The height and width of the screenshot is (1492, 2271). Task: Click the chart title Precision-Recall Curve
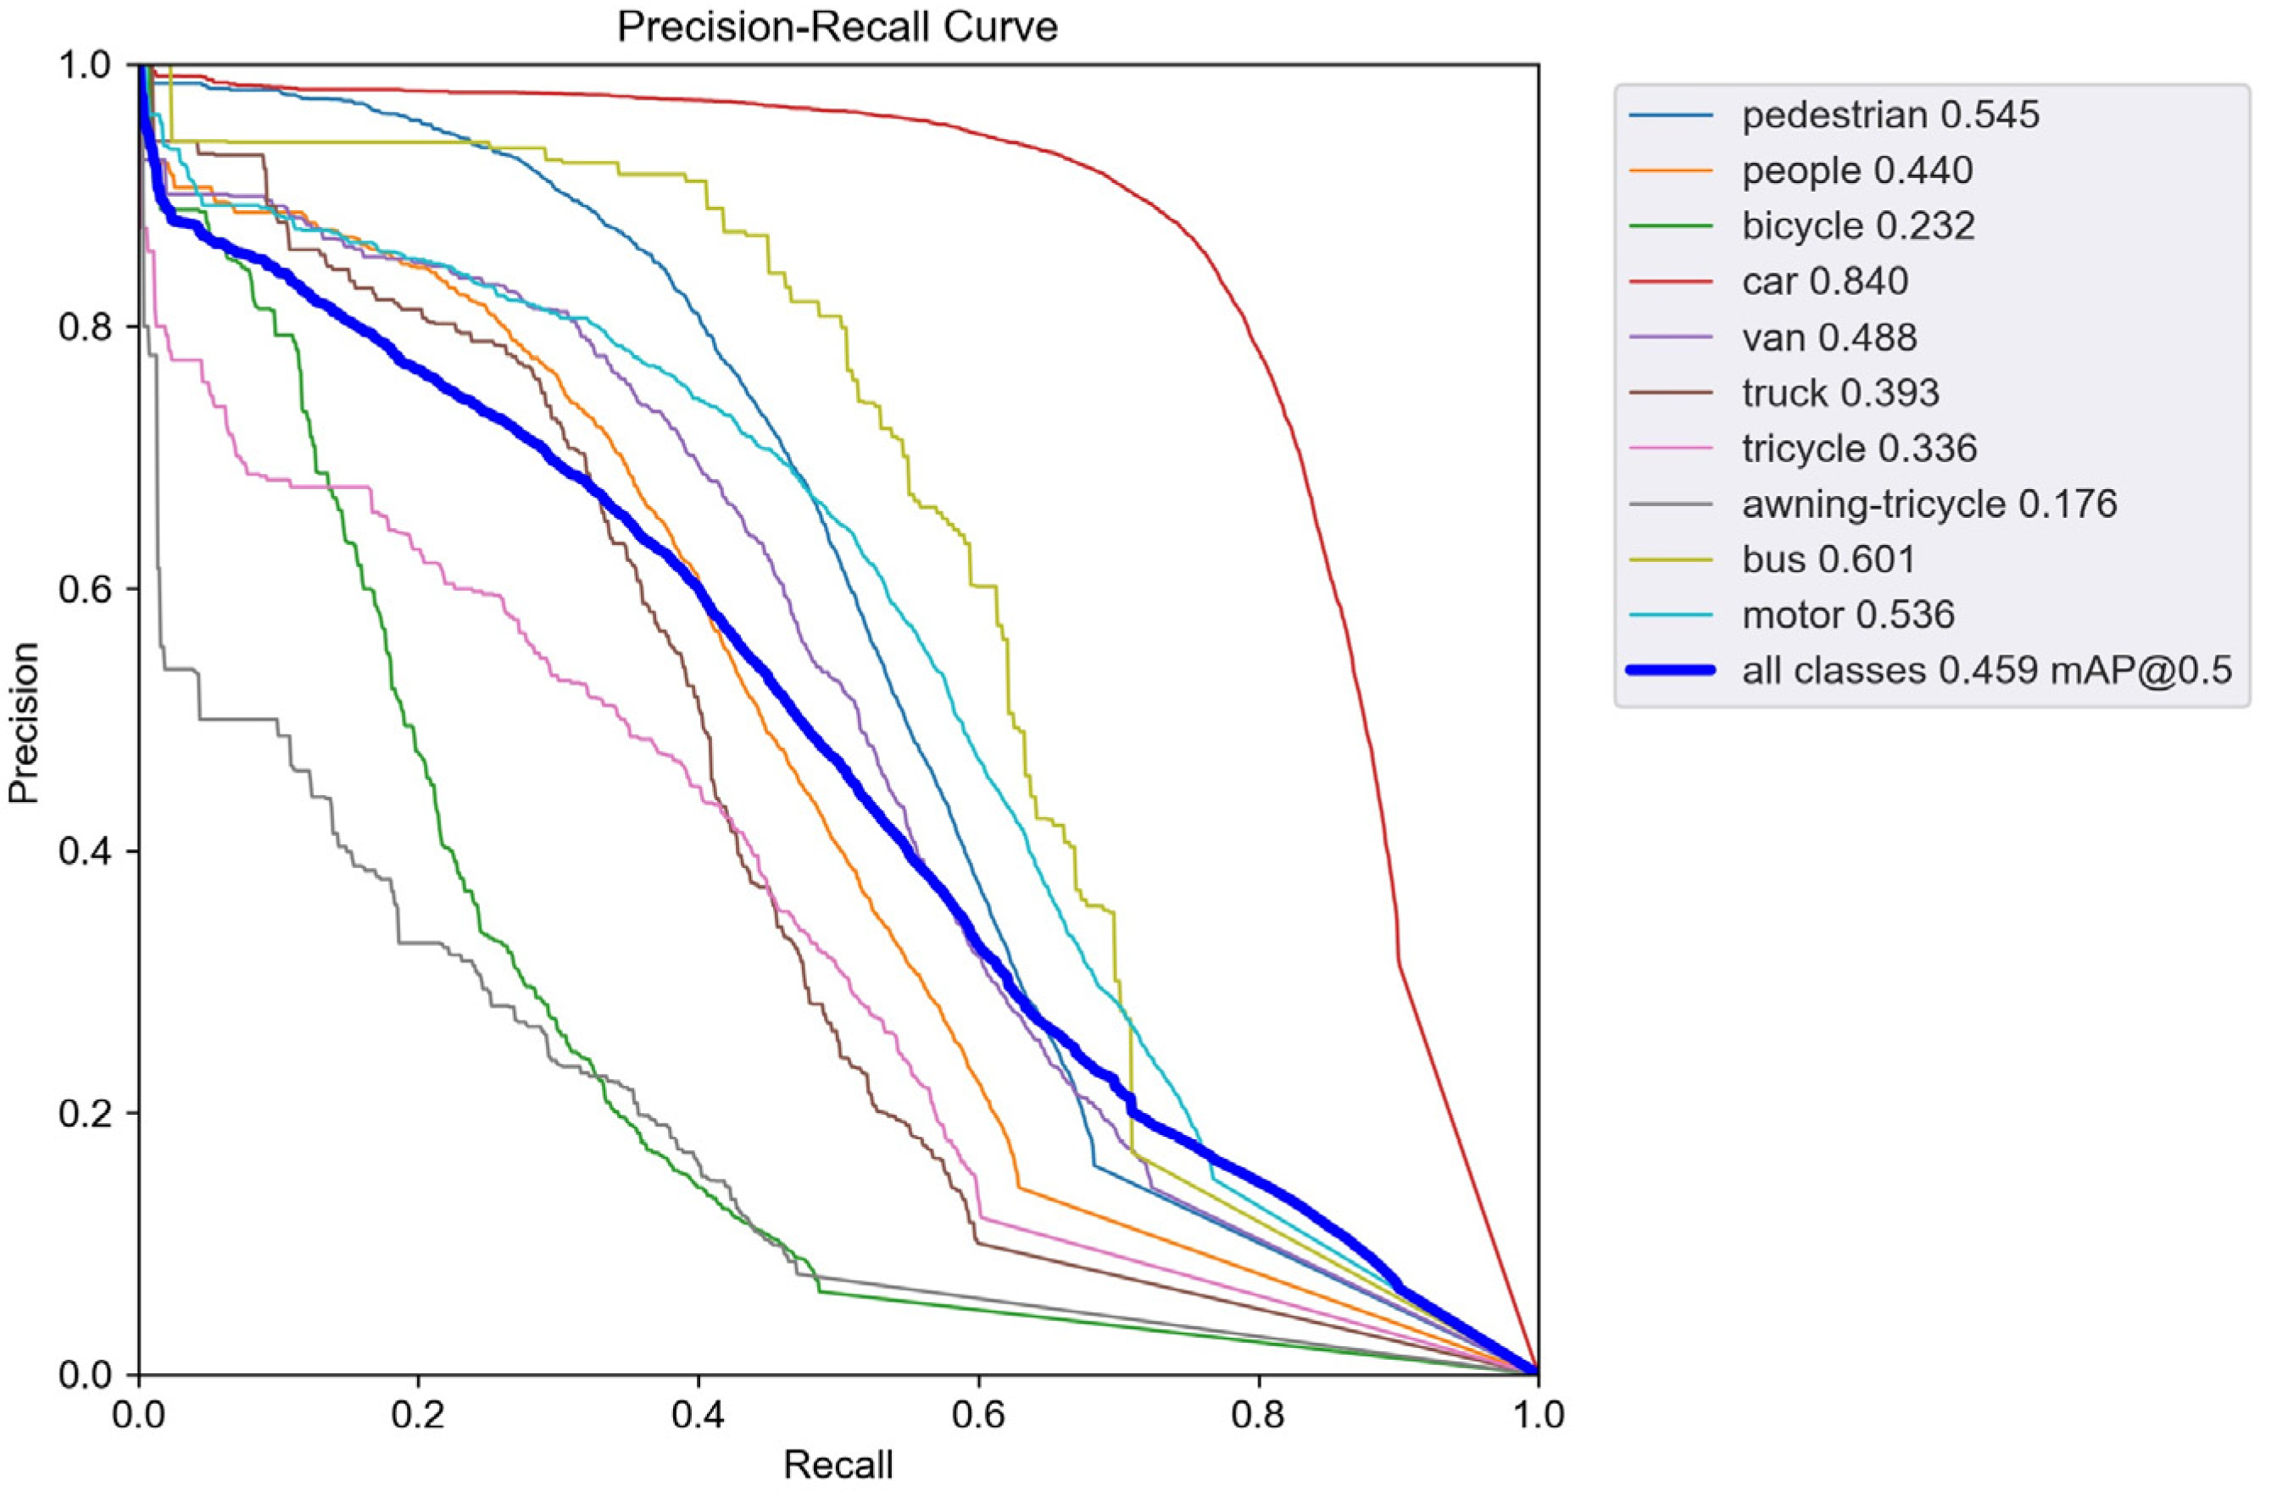[837, 27]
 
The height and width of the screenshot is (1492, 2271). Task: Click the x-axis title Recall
[838, 1464]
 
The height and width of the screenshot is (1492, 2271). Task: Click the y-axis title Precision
[24, 721]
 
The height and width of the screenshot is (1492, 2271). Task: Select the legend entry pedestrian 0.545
[1890, 115]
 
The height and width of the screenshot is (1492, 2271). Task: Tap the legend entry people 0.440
[1856, 170]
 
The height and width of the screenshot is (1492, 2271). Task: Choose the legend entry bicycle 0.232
[1858, 226]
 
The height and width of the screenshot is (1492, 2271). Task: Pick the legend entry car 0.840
[1824, 281]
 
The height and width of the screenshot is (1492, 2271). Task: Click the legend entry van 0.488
[1828, 337]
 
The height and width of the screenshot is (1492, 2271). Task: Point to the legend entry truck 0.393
[1840, 392]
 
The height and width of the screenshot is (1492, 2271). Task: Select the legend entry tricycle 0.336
[1859, 448]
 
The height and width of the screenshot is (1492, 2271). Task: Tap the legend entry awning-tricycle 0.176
[1929, 503]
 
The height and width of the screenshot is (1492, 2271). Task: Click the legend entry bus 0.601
[1828, 558]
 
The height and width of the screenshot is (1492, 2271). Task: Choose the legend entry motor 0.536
[1848, 614]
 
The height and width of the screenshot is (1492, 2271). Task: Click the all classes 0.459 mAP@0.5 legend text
[1987, 671]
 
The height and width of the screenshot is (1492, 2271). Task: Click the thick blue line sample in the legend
[1671, 671]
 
